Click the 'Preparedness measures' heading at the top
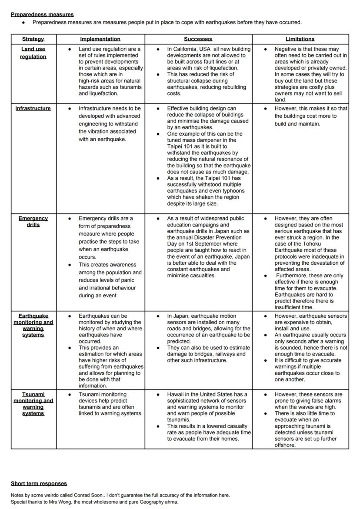point(42,14)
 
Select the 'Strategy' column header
point(33,39)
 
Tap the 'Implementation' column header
point(100,39)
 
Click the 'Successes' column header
point(198,39)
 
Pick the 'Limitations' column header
point(300,39)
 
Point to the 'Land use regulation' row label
point(33,53)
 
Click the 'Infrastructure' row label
point(33,108)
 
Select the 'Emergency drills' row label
point(33,222)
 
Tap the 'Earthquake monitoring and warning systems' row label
point(33,325)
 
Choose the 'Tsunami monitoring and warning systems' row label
point(33,404)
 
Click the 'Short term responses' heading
point(39,483)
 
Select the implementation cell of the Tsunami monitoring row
point(100,419)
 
